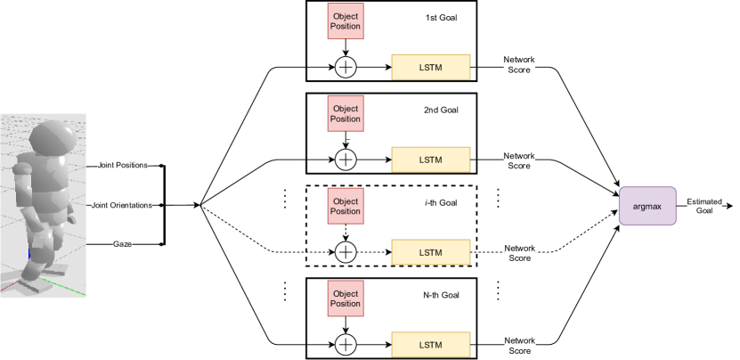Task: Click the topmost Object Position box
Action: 346,20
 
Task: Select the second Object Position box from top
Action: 346,113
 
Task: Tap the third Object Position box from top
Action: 346,206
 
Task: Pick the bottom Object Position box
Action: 346,299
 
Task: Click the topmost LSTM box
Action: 430,67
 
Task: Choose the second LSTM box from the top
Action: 430,160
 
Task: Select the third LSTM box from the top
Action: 430,252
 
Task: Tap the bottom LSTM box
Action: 430,344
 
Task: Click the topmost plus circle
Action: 346,67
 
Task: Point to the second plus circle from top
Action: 346,160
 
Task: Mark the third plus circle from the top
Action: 346,252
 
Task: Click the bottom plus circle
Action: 346,345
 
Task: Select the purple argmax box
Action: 646,206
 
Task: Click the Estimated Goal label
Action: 703,206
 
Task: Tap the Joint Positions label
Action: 123,166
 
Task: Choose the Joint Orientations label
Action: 122,205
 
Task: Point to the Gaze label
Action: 123,243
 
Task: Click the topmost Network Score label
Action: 519,65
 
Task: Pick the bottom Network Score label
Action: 519,345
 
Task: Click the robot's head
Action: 49,138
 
